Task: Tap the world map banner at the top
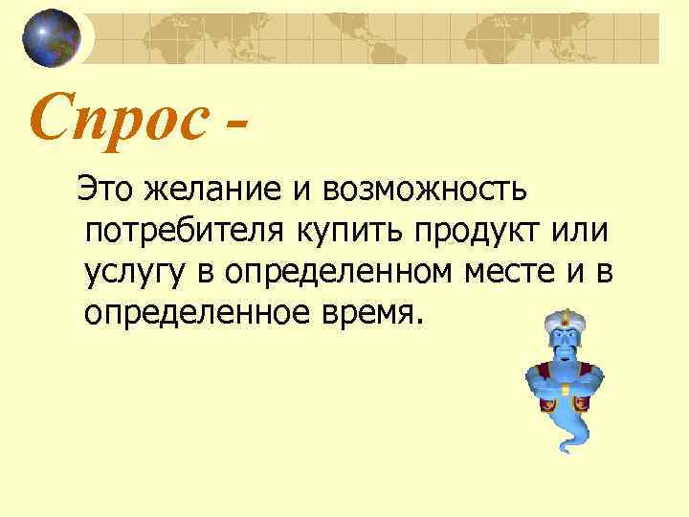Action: [383, 38]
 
